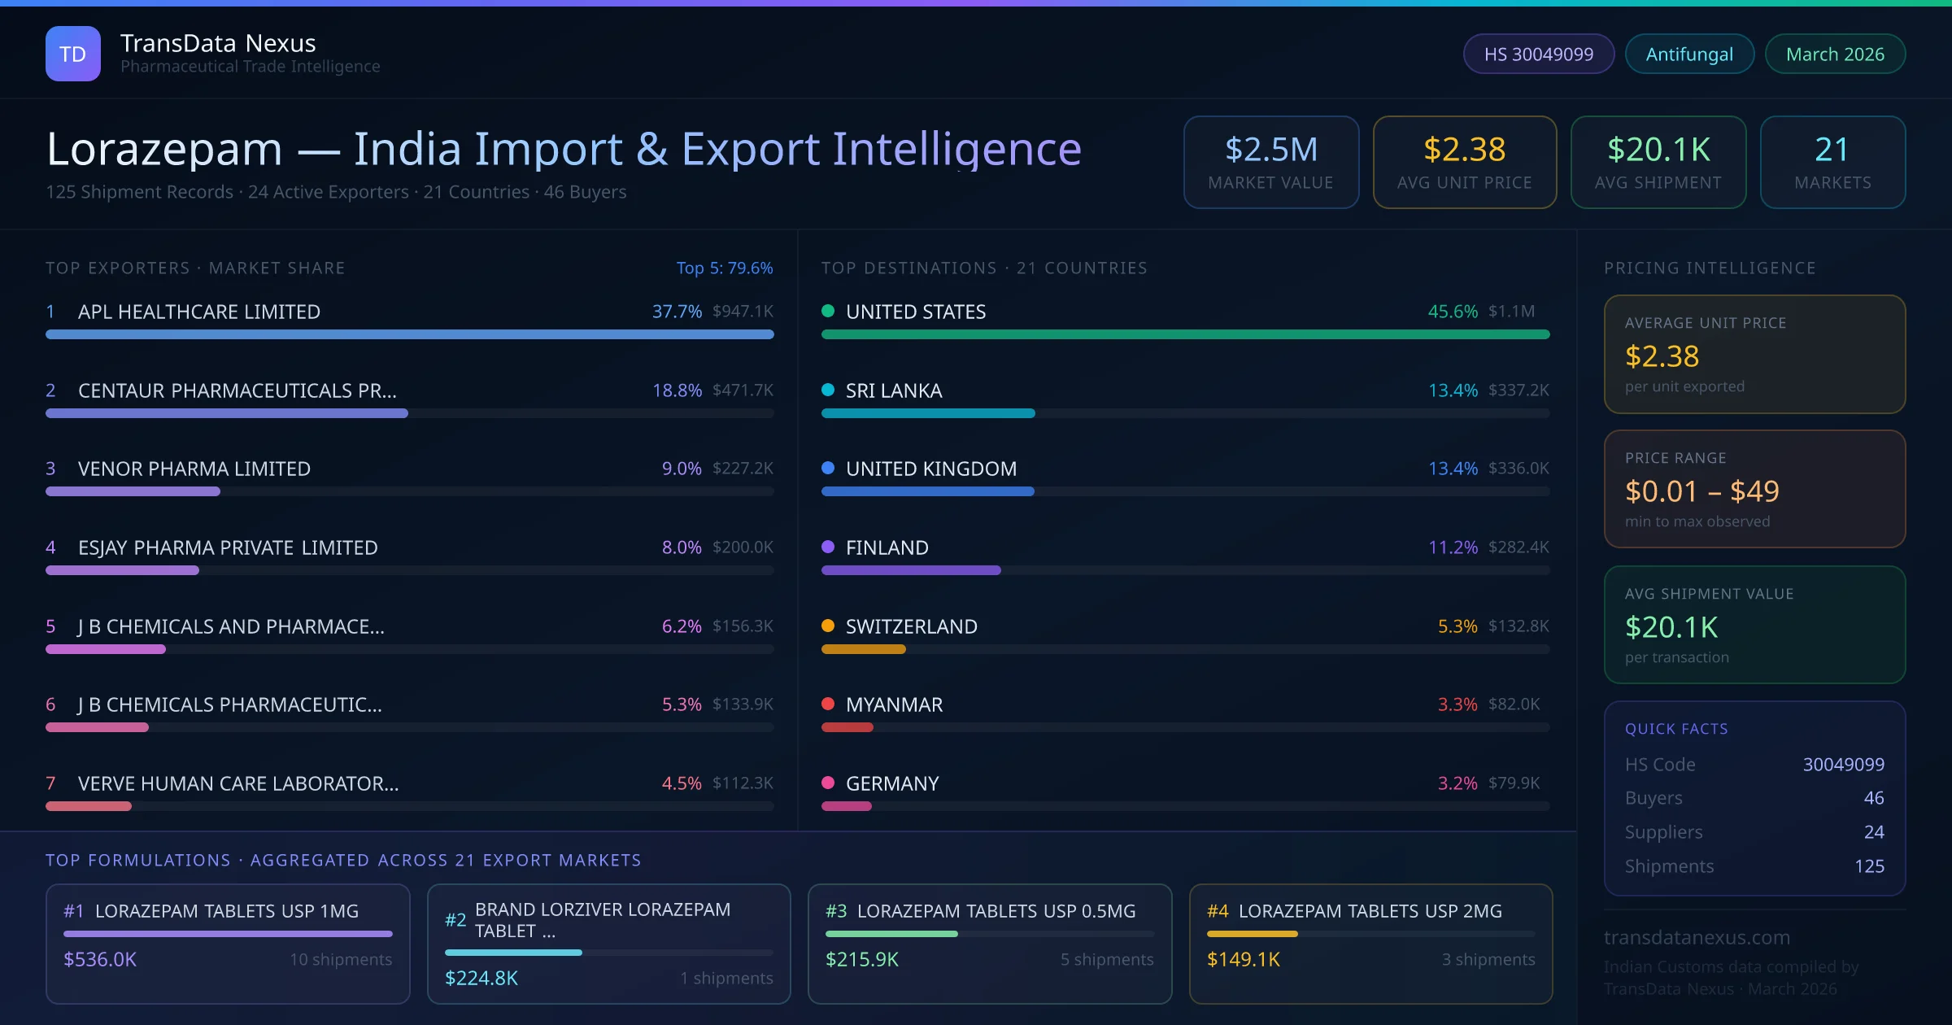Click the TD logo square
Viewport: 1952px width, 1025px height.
click(x=72, y=54)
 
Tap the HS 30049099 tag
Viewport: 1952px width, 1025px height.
click(x=1538, y=54)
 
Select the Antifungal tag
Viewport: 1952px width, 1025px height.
click(x=1688, y=54)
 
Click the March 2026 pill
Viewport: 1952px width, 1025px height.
click(x=1834, y=54)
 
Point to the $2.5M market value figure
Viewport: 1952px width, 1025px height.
click(x=1270, y=150)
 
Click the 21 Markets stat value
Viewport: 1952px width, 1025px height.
click(x=1832, y=150)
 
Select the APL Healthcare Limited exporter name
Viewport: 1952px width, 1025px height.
click(x=198, y=312)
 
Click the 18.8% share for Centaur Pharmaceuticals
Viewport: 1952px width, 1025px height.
click(x=677, y=390)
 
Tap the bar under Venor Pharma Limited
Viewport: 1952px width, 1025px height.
click(x=133, y=491)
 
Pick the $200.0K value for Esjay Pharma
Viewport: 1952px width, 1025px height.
click(x=743, y=547)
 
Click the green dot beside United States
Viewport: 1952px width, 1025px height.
click(x=828, y=311)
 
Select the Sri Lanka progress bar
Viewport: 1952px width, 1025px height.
click(x=927, y=413)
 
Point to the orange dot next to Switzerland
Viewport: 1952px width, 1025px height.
click(x=828, y=626)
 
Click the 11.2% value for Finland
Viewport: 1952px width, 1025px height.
click(x=1453, y=547)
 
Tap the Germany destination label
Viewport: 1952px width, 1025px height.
click(x=891, y=783)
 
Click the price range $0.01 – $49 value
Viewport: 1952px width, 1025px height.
click(x=1701, y=491)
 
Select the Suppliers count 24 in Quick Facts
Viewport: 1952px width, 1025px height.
click(x=1873, y=831)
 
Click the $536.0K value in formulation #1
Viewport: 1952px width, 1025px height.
click(x=100, y=959)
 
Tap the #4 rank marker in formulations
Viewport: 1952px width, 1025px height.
click(x=1217, y=911)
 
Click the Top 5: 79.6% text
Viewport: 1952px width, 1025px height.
click(x=724, y=268)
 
